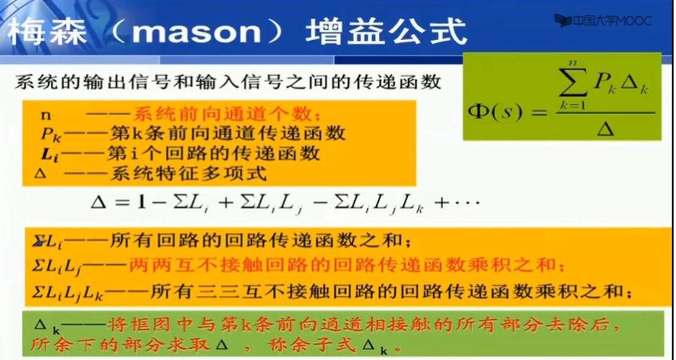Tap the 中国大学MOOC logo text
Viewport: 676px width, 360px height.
point(612,20)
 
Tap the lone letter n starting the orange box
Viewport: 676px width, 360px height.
point(46,114)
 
